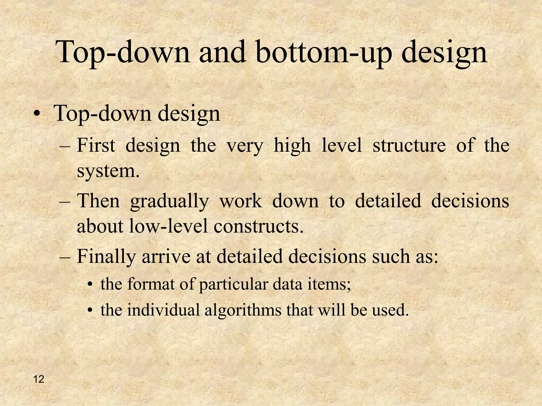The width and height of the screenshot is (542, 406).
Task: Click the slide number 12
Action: (39, 380)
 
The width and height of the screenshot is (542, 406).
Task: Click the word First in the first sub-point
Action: (96, 145)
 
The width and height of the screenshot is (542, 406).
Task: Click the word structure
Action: (409, 145)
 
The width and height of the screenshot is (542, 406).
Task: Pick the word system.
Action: (108, 171)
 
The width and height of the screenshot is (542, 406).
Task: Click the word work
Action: (241, 201)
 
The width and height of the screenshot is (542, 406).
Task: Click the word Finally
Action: (106, 256)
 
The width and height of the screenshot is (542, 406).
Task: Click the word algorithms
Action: (243, 310)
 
